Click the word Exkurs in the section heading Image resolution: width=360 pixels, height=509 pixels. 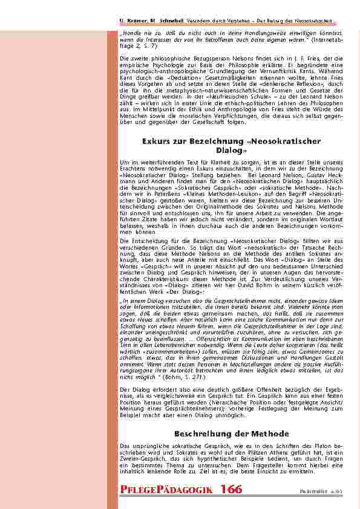(x=157, y=141)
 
